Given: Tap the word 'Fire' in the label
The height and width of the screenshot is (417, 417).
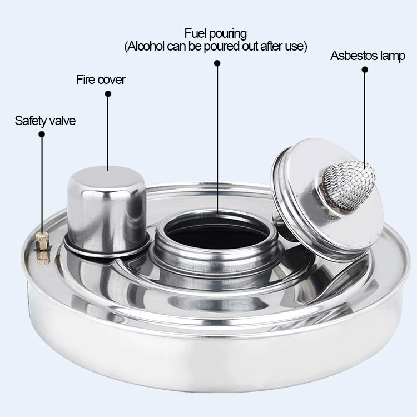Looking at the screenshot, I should point(85,80).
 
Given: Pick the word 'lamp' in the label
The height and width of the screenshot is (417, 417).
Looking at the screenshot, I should point(393,56).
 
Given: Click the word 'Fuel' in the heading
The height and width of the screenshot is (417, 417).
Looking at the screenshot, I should point(196,33).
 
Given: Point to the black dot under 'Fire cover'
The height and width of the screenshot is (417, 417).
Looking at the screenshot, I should point(108,94).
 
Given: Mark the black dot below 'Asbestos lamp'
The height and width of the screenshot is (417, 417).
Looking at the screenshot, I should point(365,69).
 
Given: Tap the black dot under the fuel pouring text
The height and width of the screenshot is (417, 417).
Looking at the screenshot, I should point(217,64).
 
